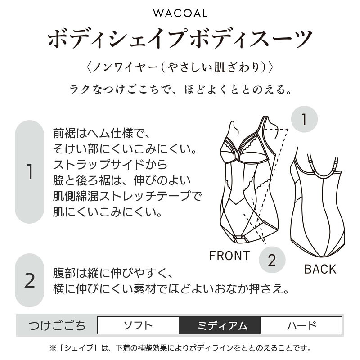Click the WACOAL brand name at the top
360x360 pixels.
(180, 13)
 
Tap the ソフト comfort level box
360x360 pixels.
(138, 325)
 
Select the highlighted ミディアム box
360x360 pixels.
(220, 325)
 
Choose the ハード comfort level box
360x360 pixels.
(301, 325)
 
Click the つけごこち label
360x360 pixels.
(57, 325)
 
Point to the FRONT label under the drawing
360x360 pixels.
(229, 256)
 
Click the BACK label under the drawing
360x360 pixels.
(320, 269)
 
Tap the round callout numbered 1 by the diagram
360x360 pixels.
(304, 119)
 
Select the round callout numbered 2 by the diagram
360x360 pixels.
(272, 260)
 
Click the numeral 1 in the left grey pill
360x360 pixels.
(30, 172)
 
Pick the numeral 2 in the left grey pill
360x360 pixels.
(30, 280)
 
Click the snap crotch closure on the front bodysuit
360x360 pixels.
(239, 237)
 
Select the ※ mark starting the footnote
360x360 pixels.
(53, 348)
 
